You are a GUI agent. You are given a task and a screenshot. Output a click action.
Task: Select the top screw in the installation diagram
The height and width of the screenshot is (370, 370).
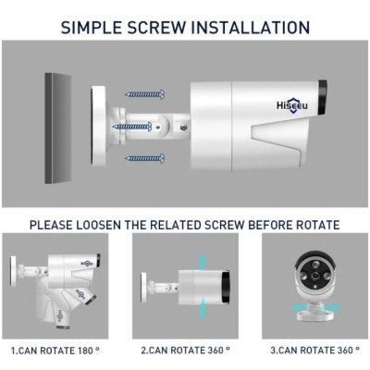point(144,93)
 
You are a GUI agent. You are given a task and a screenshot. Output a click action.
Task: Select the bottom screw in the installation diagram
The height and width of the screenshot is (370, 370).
point(144,158)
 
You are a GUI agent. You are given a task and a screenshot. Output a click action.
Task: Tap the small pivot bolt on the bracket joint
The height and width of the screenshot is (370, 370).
point(185,127)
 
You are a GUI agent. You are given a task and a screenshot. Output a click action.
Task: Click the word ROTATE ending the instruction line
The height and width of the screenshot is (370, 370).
point(316,225)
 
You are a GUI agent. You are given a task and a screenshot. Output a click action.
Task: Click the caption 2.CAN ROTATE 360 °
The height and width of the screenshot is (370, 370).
point(185,351)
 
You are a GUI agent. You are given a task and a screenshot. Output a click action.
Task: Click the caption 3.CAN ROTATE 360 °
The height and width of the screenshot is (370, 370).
point(315,351)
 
